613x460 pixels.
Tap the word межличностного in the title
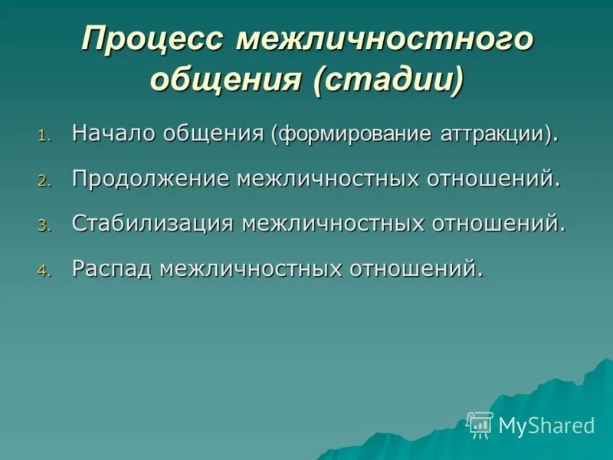pos(384,39)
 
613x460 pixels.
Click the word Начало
pos(113,133)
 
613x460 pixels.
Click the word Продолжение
pos(150,179)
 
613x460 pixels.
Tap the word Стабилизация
pos(152,223)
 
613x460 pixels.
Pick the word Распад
pos(113,268)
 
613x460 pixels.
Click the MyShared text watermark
pos(546,426)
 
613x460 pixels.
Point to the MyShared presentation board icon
pos(480,425)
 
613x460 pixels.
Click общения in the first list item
pos(223,133)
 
